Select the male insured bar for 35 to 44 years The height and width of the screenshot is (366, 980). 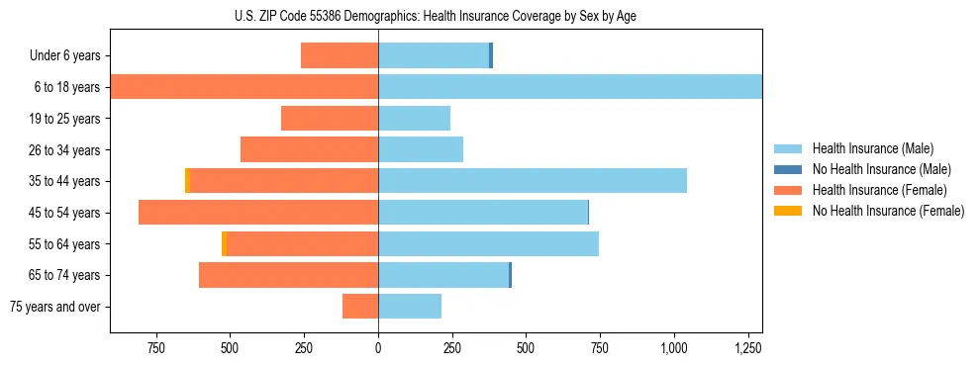(533, 181)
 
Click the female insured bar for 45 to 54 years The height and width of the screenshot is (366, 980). (258, 213)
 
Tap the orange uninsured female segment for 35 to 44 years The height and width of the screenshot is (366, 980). (187, 181)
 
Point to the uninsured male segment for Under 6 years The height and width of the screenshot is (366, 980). (491, 55)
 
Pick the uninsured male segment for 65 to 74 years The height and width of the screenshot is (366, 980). (510, 275)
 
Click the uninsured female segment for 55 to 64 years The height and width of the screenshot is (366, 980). (225, 243)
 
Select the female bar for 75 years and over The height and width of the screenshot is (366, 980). (360, 307)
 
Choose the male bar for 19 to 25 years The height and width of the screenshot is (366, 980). (414, 119)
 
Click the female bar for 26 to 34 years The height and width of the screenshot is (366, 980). (309, 149)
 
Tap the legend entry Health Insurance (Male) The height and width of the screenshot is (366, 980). (871, 148)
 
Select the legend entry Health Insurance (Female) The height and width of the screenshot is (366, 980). (879, 190)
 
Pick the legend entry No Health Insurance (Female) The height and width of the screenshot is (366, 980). (888, 211)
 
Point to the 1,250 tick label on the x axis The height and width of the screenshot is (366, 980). (747, 348)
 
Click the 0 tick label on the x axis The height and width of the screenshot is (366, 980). (378, 348)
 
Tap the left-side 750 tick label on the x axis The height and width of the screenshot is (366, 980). (155, 348)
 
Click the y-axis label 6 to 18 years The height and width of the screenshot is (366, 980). (65, 87)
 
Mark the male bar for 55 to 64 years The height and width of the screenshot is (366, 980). (488, 243)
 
